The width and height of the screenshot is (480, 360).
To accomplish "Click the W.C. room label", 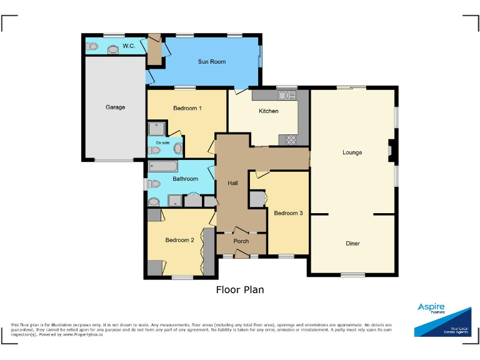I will [129, 46].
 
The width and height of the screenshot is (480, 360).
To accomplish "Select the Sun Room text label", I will [211, 62].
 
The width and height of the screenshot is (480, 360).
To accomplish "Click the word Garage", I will [115, 107].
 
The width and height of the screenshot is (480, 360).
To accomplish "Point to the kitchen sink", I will [287, 95].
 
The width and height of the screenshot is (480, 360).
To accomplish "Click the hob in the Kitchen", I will [291, 140].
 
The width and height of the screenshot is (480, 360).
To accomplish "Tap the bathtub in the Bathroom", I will [163, 167].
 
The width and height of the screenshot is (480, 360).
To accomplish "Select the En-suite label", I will [162, 143].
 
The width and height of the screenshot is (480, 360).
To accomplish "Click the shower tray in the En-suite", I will [156, 129].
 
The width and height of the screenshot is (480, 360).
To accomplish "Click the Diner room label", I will [352, 244].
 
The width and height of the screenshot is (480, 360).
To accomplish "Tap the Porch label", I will [241, 241].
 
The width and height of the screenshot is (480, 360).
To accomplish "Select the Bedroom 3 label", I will [288, 213].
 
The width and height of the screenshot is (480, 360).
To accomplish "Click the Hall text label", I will [232, 183].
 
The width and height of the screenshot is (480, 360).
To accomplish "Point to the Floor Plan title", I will [240, 289].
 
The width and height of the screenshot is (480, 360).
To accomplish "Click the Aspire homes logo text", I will [431, 308].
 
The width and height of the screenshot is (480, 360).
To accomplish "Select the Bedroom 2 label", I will [179, 240].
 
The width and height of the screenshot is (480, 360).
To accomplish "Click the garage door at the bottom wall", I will [114, 161].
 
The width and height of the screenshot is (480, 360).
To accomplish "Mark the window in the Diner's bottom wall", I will [352, 275].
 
